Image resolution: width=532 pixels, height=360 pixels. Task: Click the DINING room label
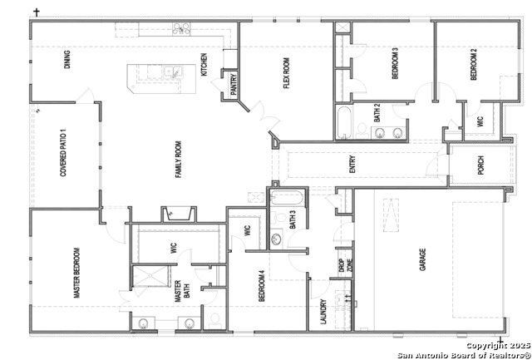pos(67,60)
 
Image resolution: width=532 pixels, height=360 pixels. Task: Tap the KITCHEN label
pos(204,65)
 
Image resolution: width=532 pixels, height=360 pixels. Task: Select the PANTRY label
pos(234,85)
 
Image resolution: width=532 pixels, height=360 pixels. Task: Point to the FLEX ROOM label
pos(287,73)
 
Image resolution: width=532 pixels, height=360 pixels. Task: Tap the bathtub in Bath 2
pos(344,122)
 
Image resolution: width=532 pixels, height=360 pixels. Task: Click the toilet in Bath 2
pos(362,131)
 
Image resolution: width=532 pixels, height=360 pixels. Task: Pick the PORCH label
pos(480,165)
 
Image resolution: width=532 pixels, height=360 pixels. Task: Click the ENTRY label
pos(352,165)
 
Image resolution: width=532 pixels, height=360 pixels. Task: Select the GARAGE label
pos(423,259)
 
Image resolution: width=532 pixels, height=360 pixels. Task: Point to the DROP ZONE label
pos(344,267)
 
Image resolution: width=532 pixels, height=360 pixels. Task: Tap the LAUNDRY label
pos(323,312)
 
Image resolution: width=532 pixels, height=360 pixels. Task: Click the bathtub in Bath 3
pos(287,198)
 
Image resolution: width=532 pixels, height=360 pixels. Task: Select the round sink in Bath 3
pos(277,239)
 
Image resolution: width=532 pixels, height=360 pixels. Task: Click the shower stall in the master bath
pos(150,276)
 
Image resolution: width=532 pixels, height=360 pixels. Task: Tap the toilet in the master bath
pos(214,321)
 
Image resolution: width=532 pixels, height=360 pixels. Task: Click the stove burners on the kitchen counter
pos(181,28)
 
